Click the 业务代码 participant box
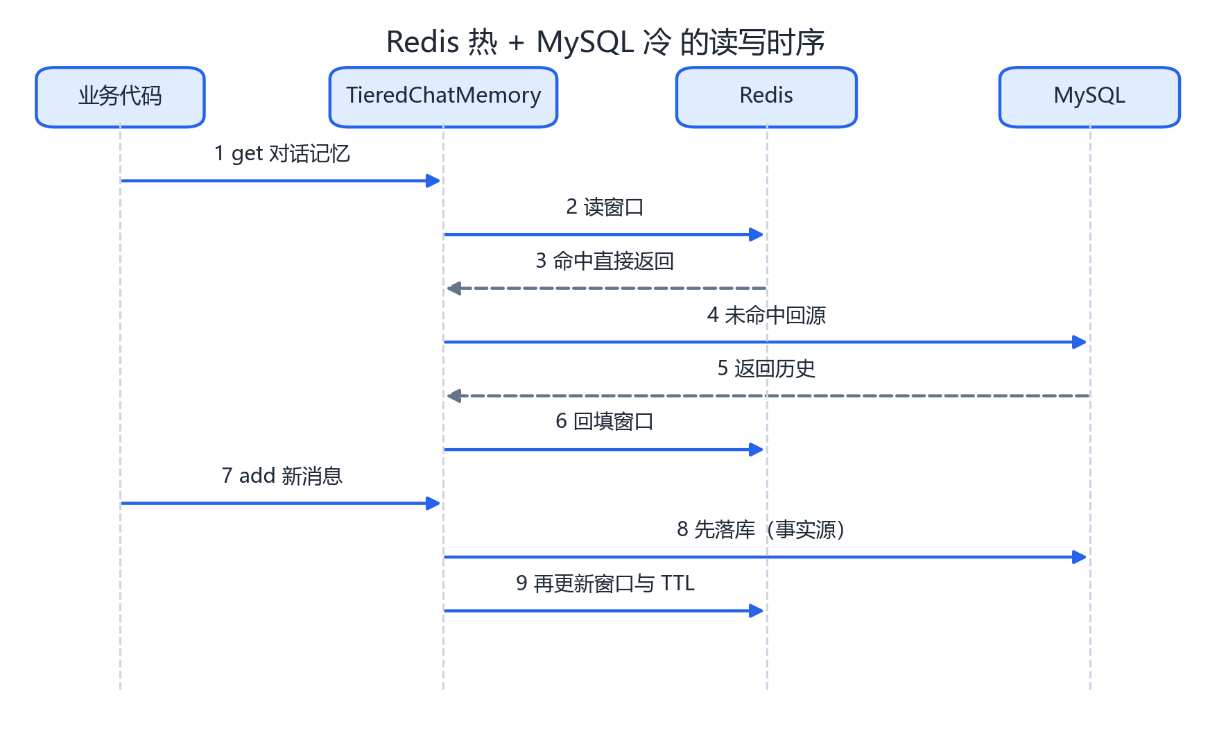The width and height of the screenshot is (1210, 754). [x=120, y=97]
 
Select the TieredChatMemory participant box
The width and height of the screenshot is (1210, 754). [x=443, y=97]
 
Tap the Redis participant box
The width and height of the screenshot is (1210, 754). [x=766, y=97]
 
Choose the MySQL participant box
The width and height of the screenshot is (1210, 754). [x=1089, y=97]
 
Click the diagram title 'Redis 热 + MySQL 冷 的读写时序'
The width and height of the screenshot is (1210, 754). [x=605, y=42]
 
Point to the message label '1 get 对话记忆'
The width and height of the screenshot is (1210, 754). [x=282, y=153]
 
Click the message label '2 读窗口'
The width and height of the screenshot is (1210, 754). [x=605, y=207]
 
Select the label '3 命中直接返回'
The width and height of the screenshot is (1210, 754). [x=605, y=261]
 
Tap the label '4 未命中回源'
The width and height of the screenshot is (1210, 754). [x=766, y=315]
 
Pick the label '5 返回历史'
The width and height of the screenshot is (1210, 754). [x=766, y=368]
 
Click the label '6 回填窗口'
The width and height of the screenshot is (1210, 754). [x=605, y=422]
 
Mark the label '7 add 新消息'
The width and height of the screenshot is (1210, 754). [x=282, y=476]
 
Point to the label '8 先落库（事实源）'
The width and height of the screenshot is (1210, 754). [x=766, y=530]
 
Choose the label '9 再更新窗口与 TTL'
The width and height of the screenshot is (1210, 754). [x=605, y=583]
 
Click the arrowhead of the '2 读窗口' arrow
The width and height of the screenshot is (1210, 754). [x=757, y=234]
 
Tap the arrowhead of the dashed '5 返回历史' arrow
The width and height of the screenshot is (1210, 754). [x=454, y=396]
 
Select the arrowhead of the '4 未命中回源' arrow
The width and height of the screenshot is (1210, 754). [x=1080, y=342]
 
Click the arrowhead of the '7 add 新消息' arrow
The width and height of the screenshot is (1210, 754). [x=433, y=504]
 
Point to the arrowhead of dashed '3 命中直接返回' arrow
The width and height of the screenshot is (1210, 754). [x=454, y=289]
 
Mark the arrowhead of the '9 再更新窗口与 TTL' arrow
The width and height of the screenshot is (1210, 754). [x=757, y=611]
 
